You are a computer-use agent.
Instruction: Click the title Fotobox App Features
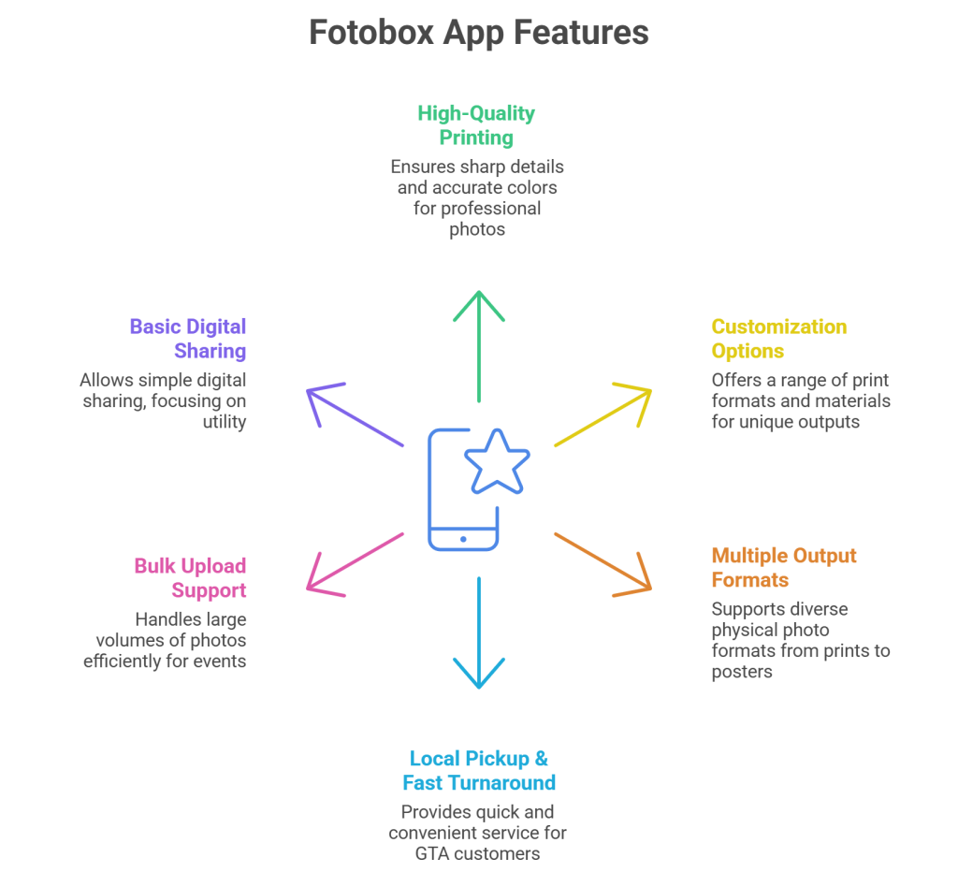479,33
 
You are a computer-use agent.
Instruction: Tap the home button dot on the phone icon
463,539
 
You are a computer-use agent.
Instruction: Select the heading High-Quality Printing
476,125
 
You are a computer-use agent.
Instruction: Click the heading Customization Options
778,339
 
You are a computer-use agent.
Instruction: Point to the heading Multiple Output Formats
783,567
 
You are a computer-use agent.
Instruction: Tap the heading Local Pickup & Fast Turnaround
478,770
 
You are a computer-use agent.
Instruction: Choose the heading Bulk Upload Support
191,577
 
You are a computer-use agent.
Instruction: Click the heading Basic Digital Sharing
188,339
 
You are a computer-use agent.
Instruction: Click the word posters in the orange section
742,671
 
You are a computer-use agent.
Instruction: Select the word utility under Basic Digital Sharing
225,423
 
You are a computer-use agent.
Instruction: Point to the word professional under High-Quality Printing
476,208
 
